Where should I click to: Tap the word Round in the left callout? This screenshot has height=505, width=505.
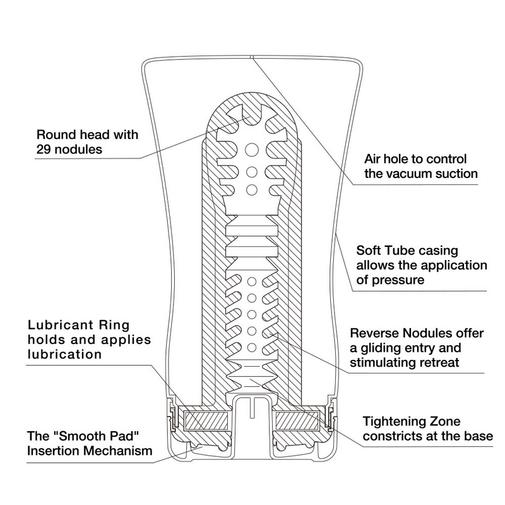pyautogui.click(x=54, y=134)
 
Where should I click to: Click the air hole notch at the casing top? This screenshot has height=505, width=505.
pyautogui.click(x=251, y=57)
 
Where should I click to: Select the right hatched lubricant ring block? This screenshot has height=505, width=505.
pyautogui.click(x=299, y=419)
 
